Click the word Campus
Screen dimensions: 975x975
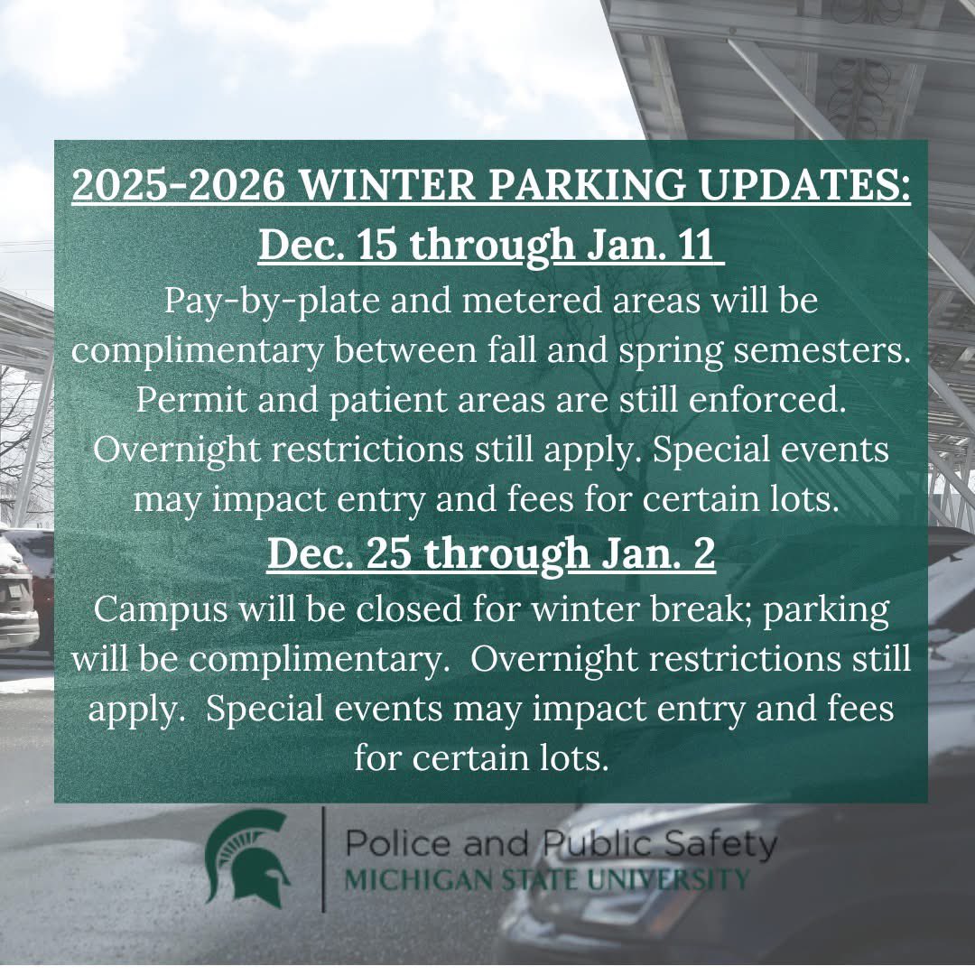(x=160, y=608)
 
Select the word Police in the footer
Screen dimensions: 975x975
(x=398, y=844)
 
